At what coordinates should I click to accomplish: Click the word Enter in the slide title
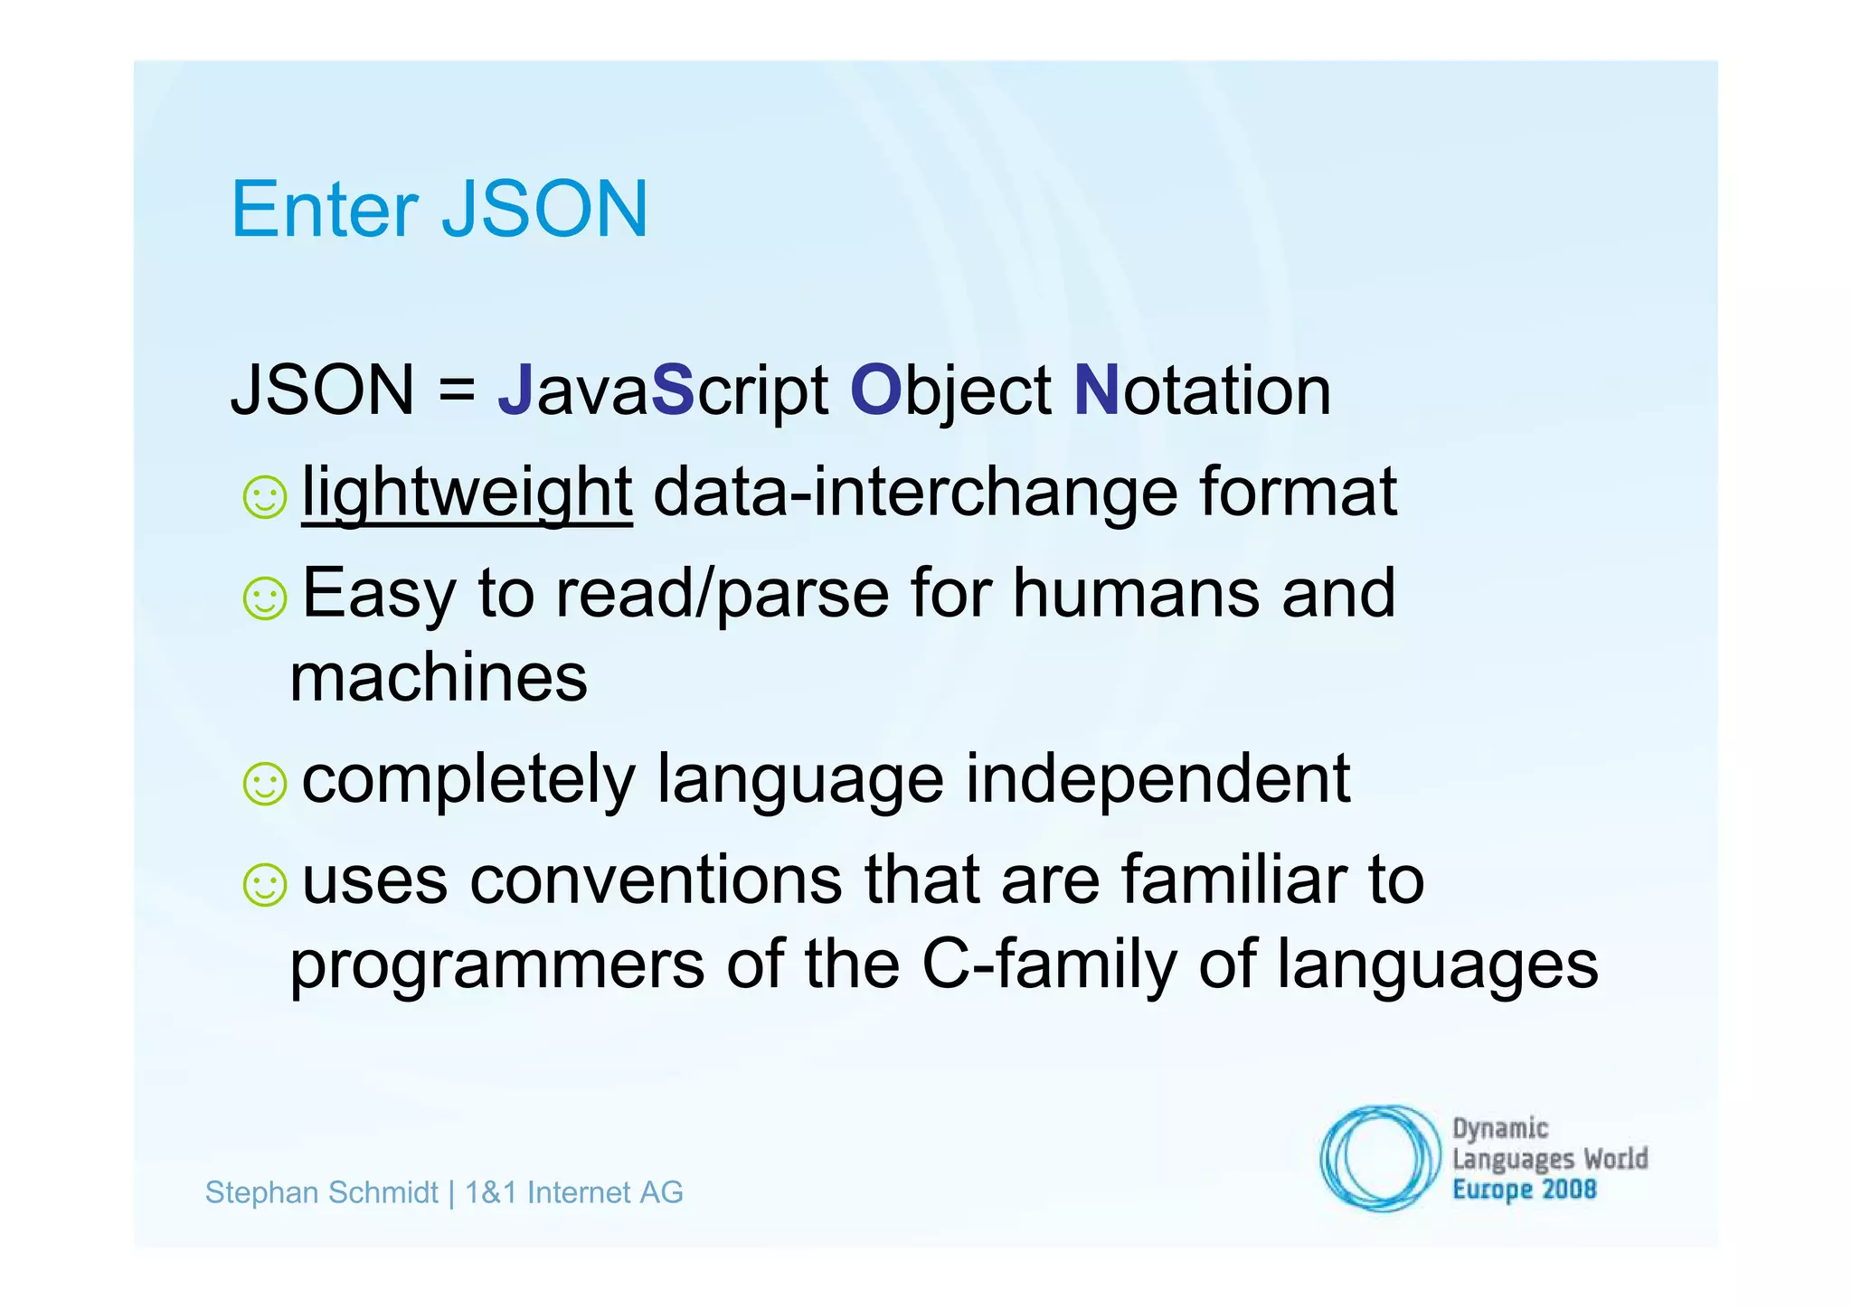(x=325, y=210)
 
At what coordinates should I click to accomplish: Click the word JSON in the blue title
(x=544, y=210)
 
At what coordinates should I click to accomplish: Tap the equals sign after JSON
(x=457, y=391)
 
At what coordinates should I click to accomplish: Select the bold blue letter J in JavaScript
(x=515, y=391)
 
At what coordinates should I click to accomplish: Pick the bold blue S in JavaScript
(x=672, y=391)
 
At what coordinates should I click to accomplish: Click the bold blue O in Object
(x=875, y=391)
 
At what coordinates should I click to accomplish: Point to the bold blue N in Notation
(x=1096, y=391)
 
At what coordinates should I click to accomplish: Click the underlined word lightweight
(x=467, y=494)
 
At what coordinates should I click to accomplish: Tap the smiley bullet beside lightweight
(x=265, y=497)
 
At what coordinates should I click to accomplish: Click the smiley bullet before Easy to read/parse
(x=265, y=598)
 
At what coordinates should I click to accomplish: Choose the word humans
(x=1136, y=595)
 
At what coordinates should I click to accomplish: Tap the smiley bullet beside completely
(x=265, y=784)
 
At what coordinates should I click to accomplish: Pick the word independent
(x=1157, y=779)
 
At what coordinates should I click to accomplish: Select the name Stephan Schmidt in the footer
(x=321, y=1193)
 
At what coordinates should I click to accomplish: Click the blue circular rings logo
(x=1378, y=1158)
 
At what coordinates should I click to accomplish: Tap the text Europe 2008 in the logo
(x=1524, y=1190)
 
